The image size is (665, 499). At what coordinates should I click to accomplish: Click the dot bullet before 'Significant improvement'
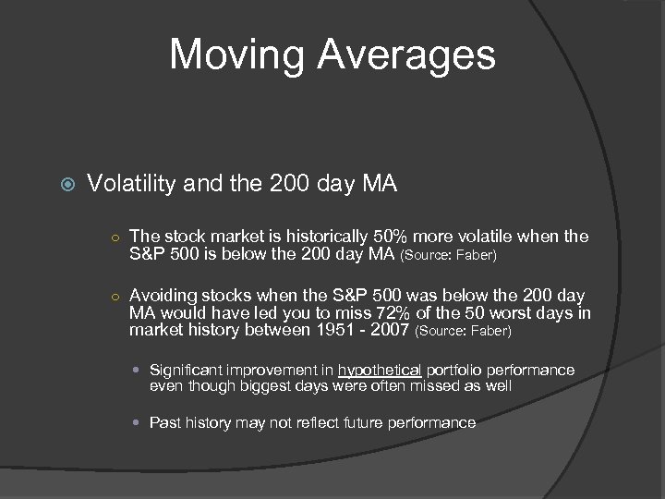click(x=138, y=371)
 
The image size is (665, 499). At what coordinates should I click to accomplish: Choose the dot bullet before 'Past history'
click(x=138, y=422)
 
